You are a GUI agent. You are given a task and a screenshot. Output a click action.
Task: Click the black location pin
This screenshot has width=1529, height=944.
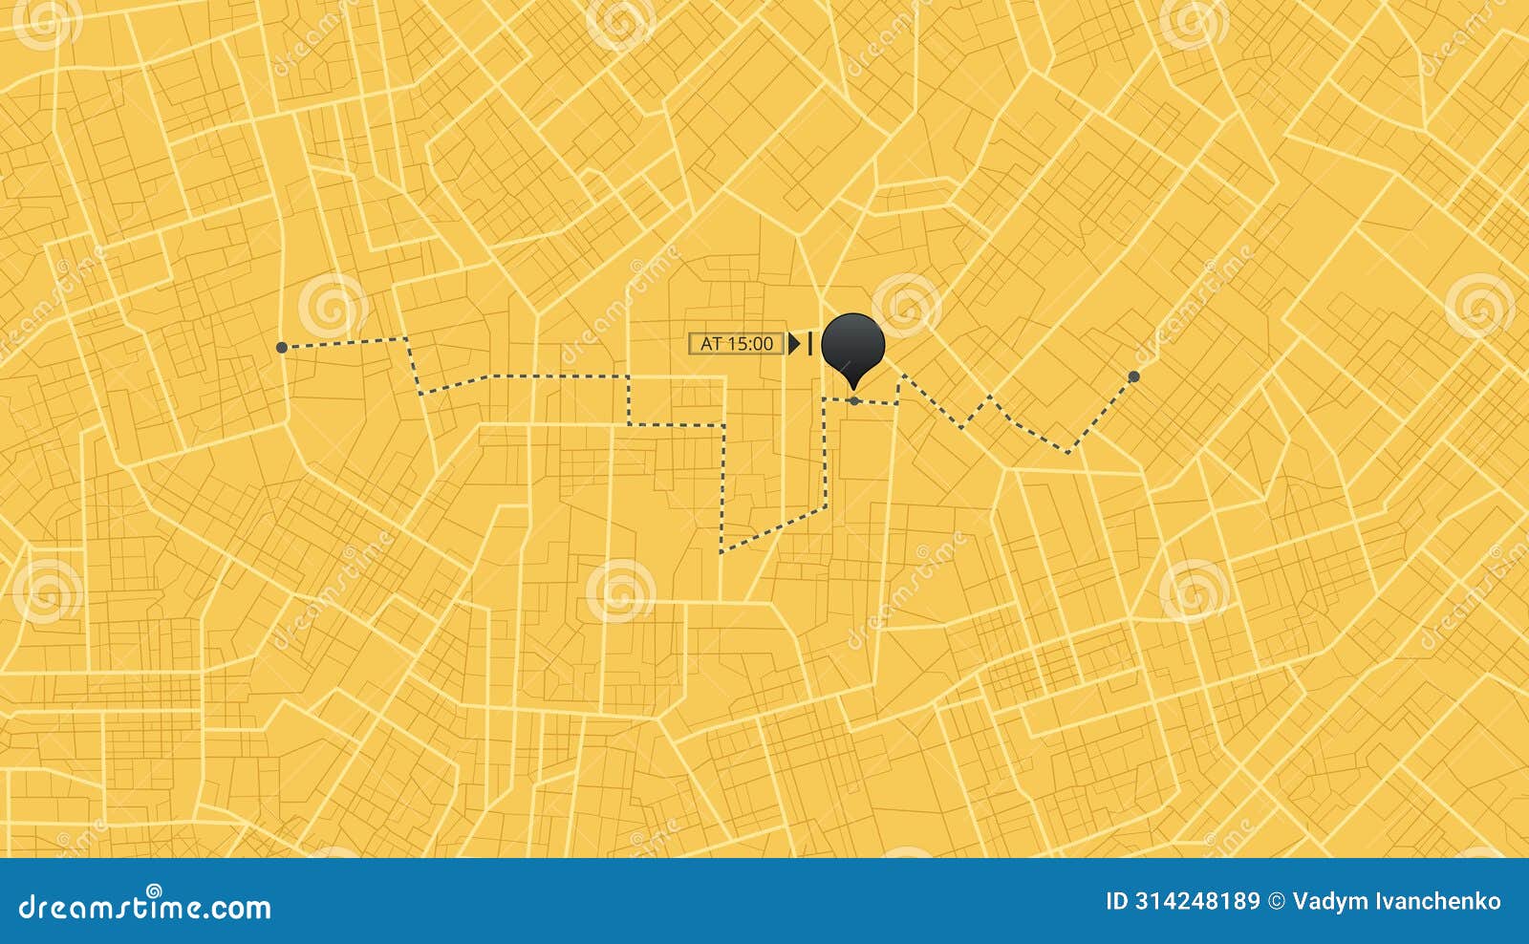point(853,342)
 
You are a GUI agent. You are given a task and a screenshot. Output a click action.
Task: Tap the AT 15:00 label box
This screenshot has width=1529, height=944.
point(736,343)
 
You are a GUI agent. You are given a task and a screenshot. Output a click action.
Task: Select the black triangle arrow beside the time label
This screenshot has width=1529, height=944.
point(793,343)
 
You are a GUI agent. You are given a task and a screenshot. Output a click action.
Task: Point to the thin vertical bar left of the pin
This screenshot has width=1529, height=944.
point(810,343)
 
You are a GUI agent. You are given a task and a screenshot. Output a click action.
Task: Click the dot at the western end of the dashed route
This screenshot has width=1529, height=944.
point(282,348)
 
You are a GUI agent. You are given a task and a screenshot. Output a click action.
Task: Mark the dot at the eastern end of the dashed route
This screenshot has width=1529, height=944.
point(1133,376)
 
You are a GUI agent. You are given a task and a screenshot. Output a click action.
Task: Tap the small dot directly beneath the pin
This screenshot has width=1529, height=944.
point(853,401)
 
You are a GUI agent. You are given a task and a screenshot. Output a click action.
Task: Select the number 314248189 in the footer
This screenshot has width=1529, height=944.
point(1196,901)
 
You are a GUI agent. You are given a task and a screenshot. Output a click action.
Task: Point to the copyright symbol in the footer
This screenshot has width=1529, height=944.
point(1276,901)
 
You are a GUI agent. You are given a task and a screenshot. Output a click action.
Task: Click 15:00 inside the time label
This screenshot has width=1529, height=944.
point(750,343)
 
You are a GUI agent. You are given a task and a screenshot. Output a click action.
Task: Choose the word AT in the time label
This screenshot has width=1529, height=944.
point(711,343)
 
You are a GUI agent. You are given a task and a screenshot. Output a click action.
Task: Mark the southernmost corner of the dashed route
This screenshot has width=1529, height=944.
point(722,551)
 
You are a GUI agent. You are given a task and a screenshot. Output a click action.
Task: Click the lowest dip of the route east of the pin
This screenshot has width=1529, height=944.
point(1068,451)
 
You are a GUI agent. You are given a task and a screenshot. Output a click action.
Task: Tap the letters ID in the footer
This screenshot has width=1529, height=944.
point(1117,901)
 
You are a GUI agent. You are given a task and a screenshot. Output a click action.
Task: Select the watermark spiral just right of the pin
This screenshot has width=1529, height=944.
point(906,304)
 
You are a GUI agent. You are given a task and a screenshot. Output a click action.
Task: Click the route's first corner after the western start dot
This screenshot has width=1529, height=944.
point(407,339)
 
